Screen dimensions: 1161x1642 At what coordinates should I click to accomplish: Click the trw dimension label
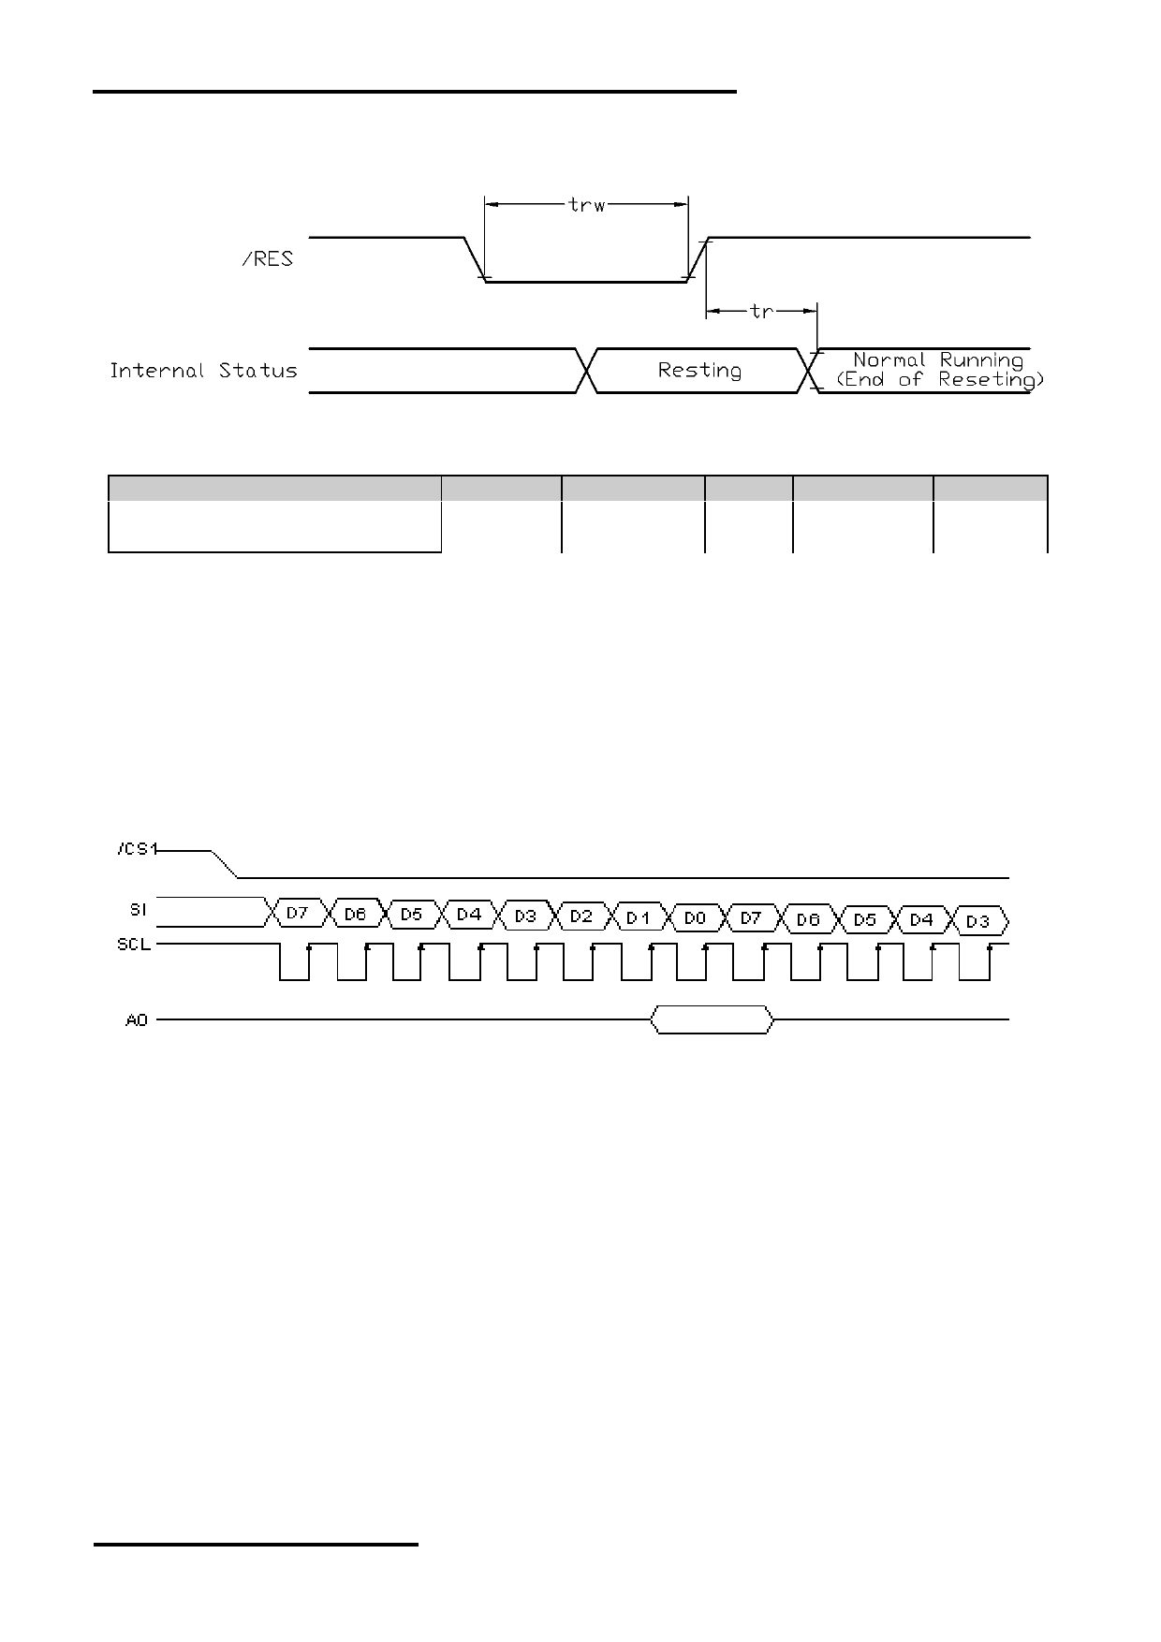coord(587,204)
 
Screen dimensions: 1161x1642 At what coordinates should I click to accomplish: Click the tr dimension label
coord(762,311)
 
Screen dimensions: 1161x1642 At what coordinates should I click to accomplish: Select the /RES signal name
coord(267,259)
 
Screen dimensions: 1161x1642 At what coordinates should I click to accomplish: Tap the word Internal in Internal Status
coord(157,371)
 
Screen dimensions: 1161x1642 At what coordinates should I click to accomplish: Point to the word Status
coord(258,371)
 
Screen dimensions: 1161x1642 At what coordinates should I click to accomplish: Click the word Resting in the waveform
coord(699,371)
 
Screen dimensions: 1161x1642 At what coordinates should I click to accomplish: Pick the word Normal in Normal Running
coord(889,360)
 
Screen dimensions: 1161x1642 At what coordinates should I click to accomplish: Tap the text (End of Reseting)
coord(939,380)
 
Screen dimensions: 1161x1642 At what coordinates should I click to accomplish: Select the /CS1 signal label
coord(138,849)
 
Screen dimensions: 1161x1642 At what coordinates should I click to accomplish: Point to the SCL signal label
coord(133,946)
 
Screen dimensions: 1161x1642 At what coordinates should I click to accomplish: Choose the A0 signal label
coord(137,1019)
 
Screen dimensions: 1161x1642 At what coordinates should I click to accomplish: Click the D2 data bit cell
coord(581,916)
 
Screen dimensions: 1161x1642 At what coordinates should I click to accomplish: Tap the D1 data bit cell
coord(639,917)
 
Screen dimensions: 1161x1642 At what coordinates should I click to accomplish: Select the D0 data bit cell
coord(695,918)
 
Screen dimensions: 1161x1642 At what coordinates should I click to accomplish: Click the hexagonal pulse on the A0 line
coord(713,1019)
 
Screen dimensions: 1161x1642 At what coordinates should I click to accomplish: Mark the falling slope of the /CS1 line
coord(225,865)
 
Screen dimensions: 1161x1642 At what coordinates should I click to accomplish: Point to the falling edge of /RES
coord(475,259)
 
